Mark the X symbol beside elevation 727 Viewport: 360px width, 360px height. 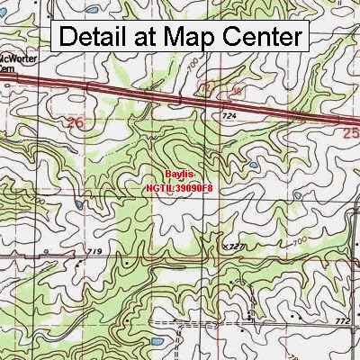(223, 245)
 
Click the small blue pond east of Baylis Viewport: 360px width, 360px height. (253, 166)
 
